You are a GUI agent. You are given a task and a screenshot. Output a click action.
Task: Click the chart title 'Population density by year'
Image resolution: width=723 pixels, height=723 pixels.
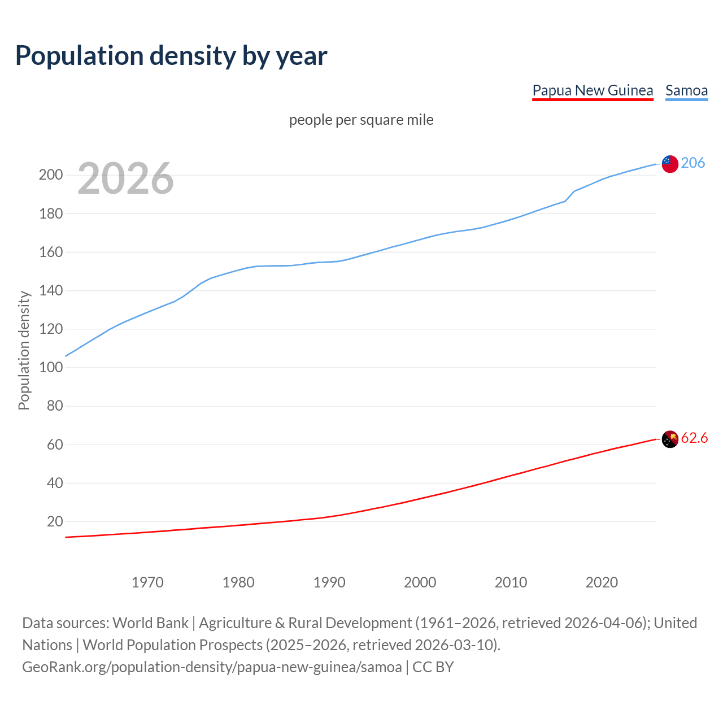point(171,55)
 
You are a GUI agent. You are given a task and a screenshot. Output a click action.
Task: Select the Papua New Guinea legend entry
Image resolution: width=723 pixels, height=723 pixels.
point(593,90)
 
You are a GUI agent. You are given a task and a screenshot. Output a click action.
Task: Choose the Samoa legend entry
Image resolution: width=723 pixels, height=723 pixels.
point(686,90)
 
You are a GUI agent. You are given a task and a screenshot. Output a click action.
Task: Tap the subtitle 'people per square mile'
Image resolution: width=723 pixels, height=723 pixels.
point(361,120)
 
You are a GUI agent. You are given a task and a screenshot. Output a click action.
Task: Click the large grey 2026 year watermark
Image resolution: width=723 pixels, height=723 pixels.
point(125,178)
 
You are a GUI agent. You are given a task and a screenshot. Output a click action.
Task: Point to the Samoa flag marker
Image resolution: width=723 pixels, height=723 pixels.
point(670,164)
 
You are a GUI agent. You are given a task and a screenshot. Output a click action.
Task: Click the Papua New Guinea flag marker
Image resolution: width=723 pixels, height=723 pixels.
point(670,439)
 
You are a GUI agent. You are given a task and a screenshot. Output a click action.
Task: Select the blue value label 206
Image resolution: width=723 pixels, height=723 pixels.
point(693,163)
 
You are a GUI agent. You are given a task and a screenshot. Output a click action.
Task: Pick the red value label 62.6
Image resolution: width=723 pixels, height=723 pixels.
point(694,438)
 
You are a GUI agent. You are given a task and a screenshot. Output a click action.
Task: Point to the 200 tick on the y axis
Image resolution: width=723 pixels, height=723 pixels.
point(51,175)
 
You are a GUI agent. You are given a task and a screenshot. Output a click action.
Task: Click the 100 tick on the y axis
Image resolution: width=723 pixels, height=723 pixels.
point(51,367)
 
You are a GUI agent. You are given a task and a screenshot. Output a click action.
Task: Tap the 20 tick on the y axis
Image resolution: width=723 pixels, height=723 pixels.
point(55,521)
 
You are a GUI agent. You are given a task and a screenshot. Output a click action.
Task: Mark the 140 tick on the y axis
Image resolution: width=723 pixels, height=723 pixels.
point(51,290)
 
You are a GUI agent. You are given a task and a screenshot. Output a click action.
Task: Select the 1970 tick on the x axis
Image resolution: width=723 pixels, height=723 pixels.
point(147,582)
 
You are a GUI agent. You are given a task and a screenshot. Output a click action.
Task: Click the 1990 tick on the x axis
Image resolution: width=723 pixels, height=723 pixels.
point(329,582)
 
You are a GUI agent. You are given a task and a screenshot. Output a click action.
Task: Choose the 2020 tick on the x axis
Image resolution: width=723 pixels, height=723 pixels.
point(602,582)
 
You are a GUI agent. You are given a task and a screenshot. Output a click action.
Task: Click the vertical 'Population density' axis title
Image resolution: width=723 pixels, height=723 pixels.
point(24,350)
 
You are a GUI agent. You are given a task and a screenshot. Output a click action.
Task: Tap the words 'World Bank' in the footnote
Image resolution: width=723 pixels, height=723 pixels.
point(150,622)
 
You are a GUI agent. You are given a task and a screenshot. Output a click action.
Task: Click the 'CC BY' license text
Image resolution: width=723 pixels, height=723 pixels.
point(433,667)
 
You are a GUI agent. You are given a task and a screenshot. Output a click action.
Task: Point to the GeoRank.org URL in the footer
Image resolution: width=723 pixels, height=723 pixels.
point(212,667)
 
